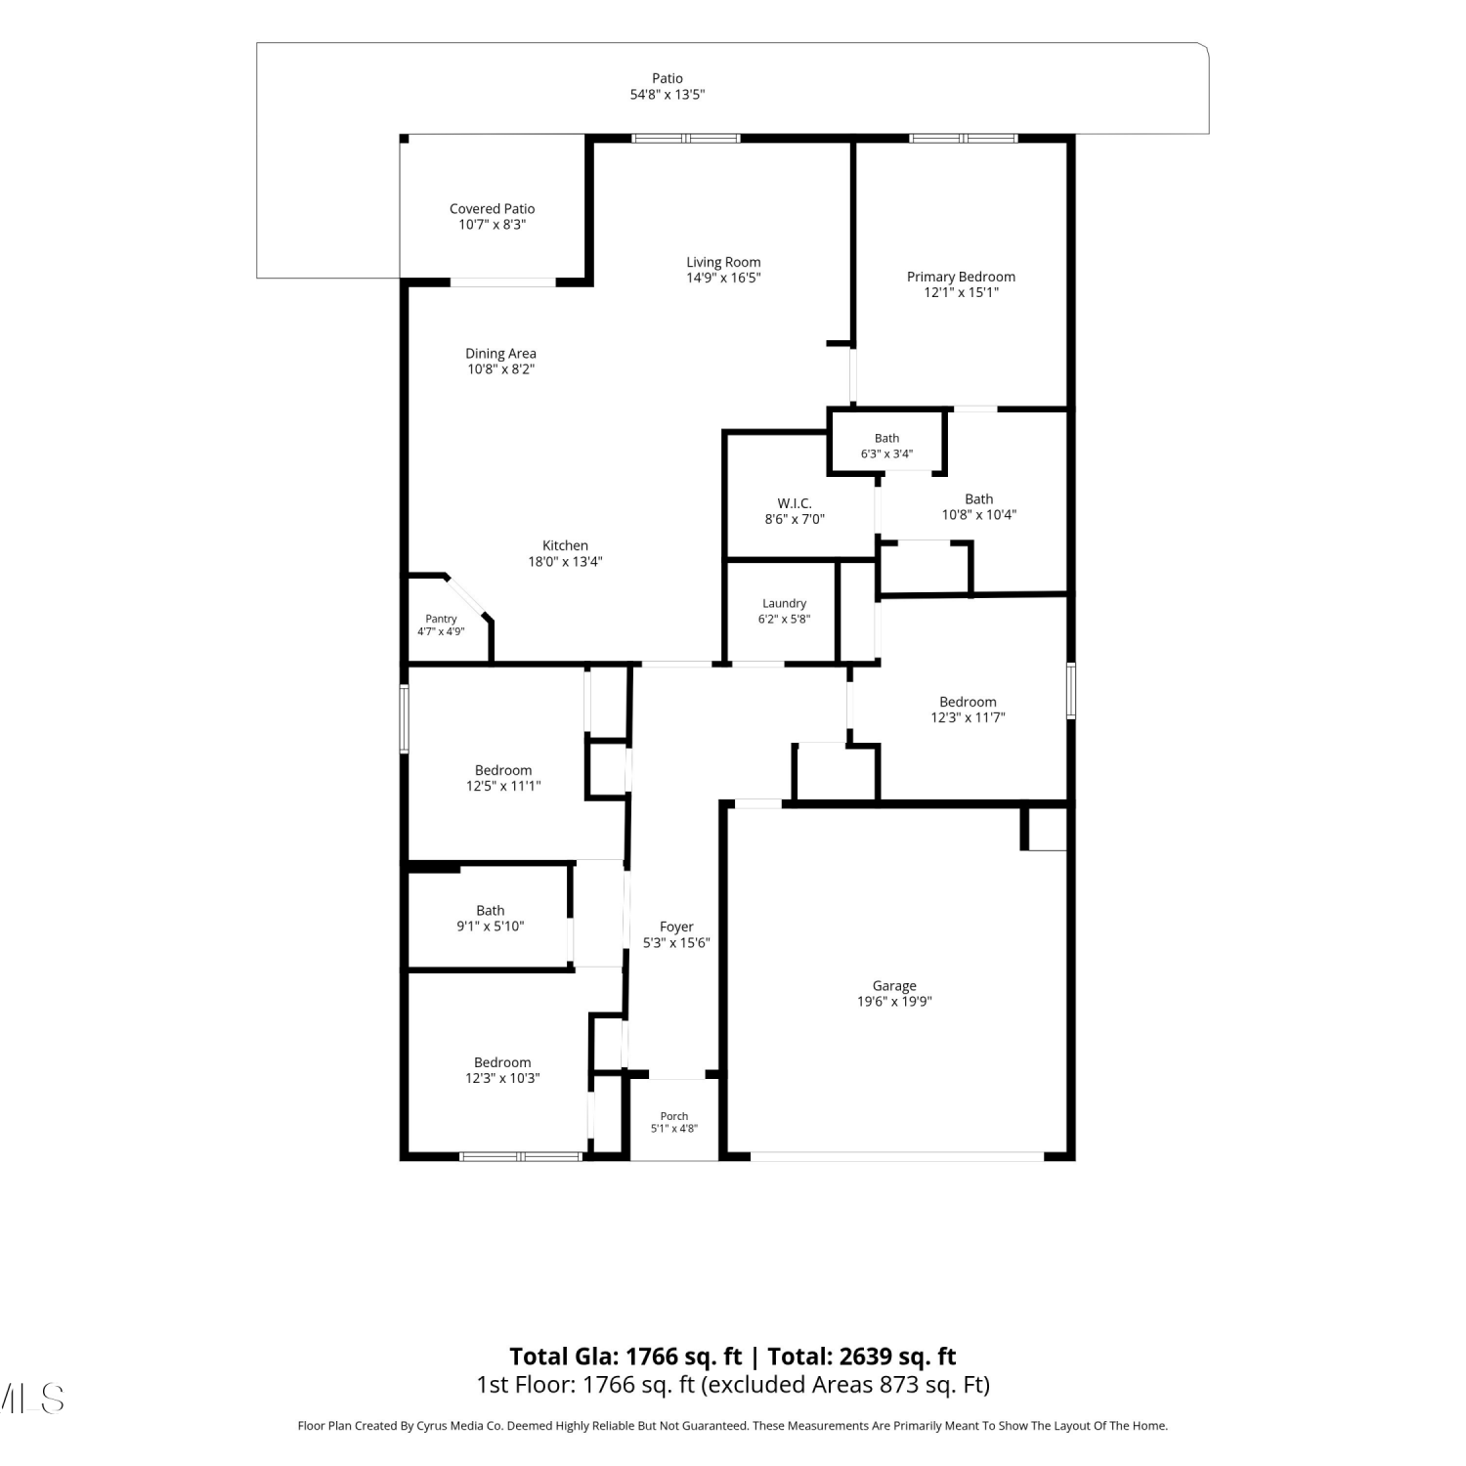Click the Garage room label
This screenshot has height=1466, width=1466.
894,986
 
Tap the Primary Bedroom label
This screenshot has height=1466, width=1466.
961,277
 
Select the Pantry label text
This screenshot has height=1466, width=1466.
441,619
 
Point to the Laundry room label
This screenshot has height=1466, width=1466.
784,604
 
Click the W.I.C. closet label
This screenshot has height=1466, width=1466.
795,503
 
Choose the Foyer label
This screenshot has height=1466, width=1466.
676,927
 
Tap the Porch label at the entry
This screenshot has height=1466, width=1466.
674,1116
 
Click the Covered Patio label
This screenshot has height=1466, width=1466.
493,208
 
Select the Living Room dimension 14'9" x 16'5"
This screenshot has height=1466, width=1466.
723,278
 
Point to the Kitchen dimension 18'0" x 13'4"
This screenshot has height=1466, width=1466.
565,562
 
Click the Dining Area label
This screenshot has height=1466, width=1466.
500,354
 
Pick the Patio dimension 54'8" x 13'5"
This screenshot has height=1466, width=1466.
668,95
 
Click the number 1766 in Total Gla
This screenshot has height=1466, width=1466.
652,1357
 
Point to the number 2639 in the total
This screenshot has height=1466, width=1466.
865,1357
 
